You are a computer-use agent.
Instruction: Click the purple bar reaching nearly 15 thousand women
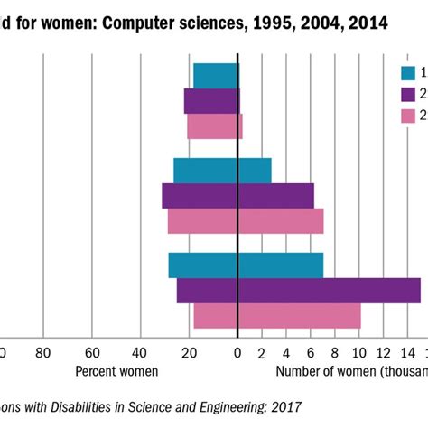point(329,290)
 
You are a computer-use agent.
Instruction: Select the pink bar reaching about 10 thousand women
point(299,315)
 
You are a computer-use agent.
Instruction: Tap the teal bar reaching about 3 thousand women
point(254,171)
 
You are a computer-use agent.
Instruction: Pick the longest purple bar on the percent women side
point(200,196)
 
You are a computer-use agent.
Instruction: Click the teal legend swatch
point(408,74)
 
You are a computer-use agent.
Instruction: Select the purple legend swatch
point(408,95)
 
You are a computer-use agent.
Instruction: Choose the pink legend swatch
point(408,116)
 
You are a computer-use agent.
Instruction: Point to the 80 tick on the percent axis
point(42,353)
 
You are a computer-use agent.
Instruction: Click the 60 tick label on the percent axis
point(91,353)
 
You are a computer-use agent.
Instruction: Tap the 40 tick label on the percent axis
point(140,353)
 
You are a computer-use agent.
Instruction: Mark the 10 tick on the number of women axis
point(359,353)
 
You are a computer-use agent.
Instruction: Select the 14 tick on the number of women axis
point(408,353)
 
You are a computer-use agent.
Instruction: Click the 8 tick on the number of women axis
point(335,353)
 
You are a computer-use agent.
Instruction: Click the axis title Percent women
point(116,370)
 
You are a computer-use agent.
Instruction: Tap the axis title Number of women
point(321,370)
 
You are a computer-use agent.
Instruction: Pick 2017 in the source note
point(284,407)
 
